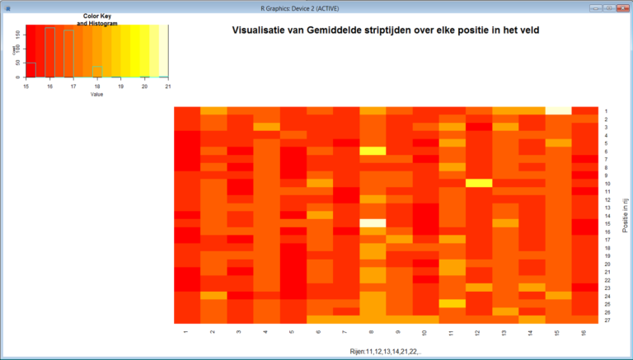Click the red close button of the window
pyautogui.click(x=621, y=7)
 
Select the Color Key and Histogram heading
pyautogui.click(x=97, y=20)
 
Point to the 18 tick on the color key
pyautogui.click(x=97, y=86)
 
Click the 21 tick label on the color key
pyautogui.click(x=168, y=86)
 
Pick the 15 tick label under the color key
pyautogui.click(x=26, y=86)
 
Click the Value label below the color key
pyautogui.click(x=97, y=94)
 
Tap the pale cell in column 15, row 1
pyautogui.click(x=558, y=110)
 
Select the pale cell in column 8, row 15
pyautogui.click(x=373, y=222)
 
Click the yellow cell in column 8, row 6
pyautogui.click(x=373, y=151)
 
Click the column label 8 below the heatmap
pyautogui.click(x=373, y=332)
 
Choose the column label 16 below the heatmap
pyautogui.click(x=584, y=332)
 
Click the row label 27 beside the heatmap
pyautogui.click(x=606, y=320)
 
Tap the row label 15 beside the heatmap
pyautogui.click(x=606, y=223)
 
